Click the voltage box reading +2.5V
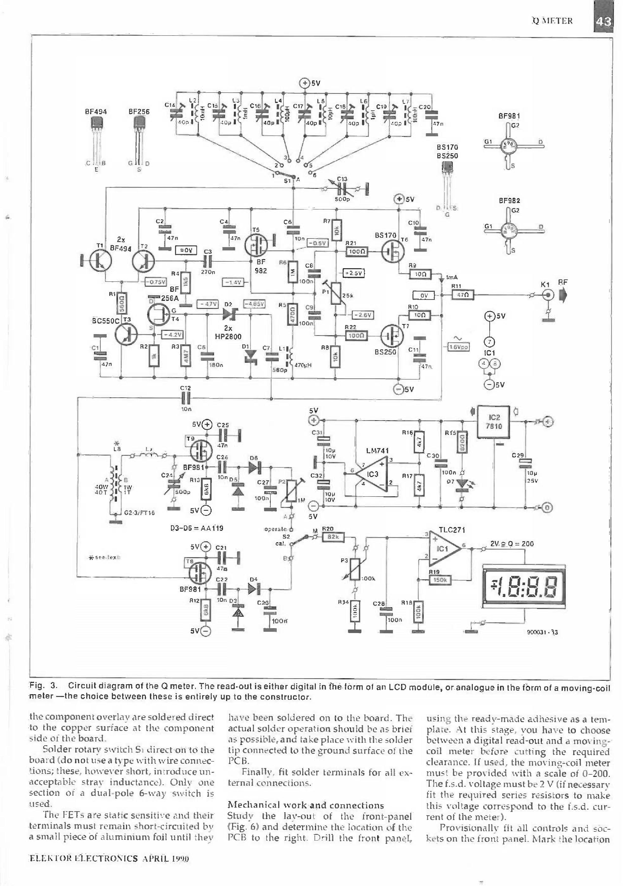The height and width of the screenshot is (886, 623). (354, 273)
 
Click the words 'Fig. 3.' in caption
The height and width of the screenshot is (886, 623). (44, 686)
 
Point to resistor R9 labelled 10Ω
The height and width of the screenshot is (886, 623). (420, 274)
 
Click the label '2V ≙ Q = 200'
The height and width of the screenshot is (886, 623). (512, 544)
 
